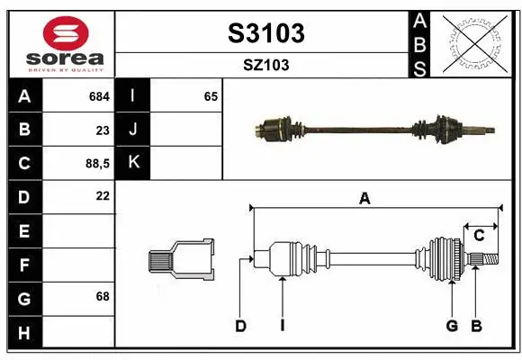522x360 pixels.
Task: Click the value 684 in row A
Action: coord(99,95)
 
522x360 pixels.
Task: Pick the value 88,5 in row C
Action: coord(95,164)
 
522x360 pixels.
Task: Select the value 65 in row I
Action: coord(211,95)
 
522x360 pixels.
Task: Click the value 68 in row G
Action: coord(102,296)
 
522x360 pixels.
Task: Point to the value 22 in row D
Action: coord(102,195)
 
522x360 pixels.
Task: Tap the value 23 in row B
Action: coord(102,130)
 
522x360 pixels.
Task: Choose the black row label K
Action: coord(134,163)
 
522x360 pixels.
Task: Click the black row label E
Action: coord(23,230)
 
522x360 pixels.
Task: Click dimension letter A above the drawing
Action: coord(364,199)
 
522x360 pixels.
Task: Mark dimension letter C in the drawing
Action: coord(480,235)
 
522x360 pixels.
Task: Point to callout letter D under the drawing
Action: coord(240,326)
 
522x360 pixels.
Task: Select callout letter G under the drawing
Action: coord(452,326)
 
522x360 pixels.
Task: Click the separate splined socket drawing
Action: coord(182,260)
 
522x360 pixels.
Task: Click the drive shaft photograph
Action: coord(374,128)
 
